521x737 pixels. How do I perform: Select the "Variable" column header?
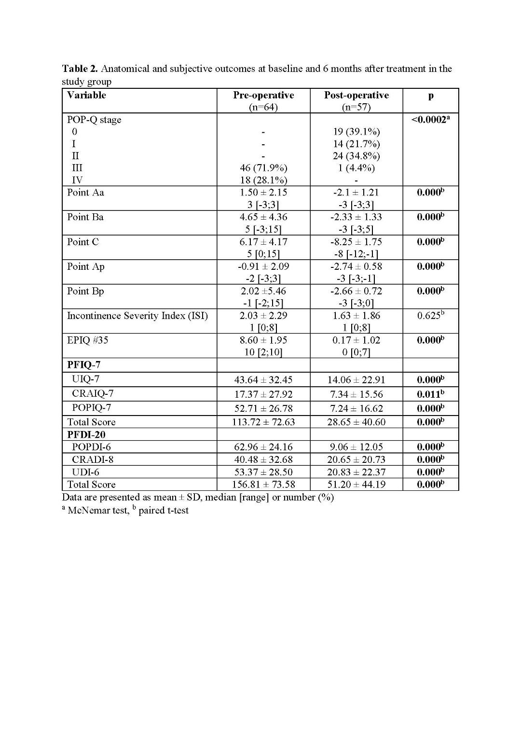pos(86,95)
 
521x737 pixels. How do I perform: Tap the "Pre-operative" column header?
pos(263,95)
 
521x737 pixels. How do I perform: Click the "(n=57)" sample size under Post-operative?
pos(356,107)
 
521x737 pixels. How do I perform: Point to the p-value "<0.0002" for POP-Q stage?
pos(429,120)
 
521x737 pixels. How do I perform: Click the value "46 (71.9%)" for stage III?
pos(263,168)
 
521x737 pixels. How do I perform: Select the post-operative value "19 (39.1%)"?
pos(356,132)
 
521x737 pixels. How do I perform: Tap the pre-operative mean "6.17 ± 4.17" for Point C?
pos(263,242)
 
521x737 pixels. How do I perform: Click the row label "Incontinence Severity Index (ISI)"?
pos(137,316)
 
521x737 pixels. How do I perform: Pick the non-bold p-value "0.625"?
pos(429,316)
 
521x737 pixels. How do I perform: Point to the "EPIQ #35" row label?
pos(88,340)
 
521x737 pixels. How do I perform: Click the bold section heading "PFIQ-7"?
pos(84,365)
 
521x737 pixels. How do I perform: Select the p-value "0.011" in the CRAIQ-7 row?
pos(429,394)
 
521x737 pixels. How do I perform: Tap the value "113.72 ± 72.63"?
pos(263,422)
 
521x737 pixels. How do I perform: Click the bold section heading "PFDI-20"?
pos(86,435)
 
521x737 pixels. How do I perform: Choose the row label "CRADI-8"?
pos(93,459)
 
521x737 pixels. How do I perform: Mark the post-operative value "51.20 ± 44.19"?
pos(356,485)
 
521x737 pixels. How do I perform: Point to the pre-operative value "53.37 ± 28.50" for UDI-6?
pos(263,472)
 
